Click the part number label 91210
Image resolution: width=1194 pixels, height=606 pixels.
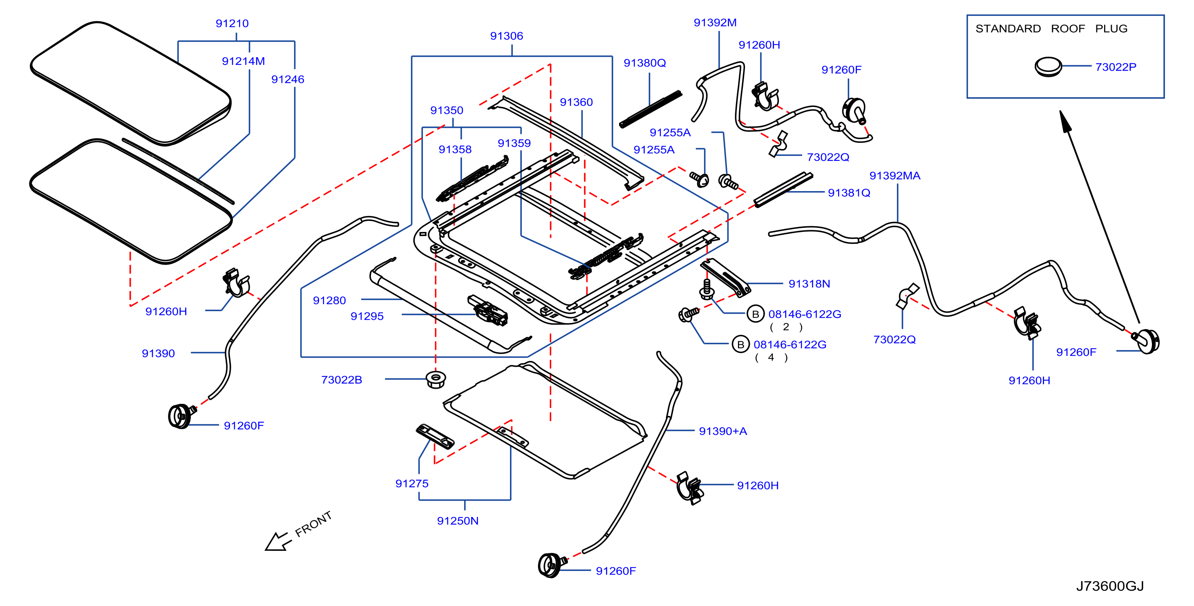(x=232, y=23)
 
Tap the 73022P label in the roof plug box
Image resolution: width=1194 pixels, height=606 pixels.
(x=1116, y=67)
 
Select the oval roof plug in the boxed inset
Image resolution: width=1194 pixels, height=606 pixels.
(x=1048, y=67)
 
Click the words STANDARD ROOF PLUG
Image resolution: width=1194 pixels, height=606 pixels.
(x=1051, y=29)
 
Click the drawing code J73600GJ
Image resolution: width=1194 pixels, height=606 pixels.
(x=1110, y=586)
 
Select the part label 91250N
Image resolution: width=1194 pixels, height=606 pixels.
(x=458, y=521)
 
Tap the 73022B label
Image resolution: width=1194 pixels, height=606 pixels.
(x=342, y=380)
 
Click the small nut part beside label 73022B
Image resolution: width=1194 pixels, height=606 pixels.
(x=436, y=379)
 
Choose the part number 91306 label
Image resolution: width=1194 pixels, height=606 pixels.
(x=507, y=36)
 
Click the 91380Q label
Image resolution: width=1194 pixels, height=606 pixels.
(x=644, y=63)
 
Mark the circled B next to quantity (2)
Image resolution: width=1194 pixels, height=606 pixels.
(x=756, y=314)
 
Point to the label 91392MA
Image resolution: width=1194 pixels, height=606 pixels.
(x=894, y=176)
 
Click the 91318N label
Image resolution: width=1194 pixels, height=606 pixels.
(x=809, y=284)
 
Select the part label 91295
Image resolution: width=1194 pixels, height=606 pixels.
(x=367, y=316)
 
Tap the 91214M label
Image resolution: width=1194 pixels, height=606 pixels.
(x=244, y=61)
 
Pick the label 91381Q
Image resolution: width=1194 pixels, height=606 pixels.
(x=849, y=193)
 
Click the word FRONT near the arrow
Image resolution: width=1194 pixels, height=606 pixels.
(x=313, y=524)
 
